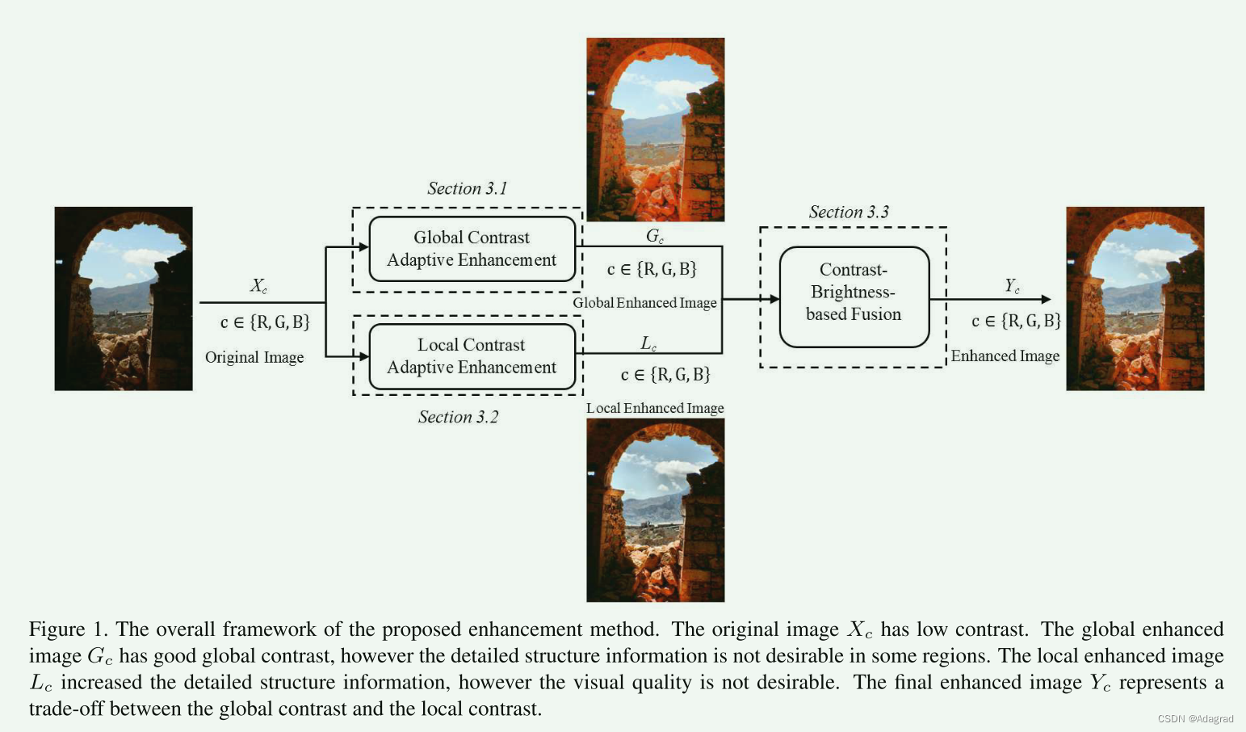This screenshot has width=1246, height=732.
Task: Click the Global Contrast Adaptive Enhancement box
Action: click(472, 249)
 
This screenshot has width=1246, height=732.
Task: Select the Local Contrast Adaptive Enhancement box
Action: click(472, 356)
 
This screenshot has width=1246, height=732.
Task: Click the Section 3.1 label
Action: click(467, 188)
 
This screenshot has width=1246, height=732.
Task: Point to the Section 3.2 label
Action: click(458, 417)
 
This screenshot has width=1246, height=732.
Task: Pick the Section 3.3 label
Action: click(849, 212)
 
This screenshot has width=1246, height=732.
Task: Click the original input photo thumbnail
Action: click(124, 298)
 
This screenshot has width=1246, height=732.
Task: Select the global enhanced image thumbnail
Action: click(655, 129)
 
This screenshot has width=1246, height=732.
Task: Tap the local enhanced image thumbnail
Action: click(655, 510)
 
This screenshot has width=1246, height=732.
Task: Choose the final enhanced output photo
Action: click(1135, 298)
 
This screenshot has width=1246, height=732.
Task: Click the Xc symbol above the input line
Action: click(258, 286)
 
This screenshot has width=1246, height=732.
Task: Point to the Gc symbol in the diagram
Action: click(654, 236)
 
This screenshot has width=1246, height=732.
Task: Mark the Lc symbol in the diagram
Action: click(648, 343)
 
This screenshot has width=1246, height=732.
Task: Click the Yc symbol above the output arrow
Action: click(1012, 285)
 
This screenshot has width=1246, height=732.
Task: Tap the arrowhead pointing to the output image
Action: click(1046, 300)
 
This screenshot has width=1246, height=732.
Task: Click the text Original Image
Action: click(254, 357)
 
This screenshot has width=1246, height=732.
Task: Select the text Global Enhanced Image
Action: click(644, 303)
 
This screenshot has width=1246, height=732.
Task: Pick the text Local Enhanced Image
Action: click(655, 408)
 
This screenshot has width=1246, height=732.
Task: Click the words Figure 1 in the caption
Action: click(68, 629)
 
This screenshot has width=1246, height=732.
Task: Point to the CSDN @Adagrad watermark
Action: click(1195, 719)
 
